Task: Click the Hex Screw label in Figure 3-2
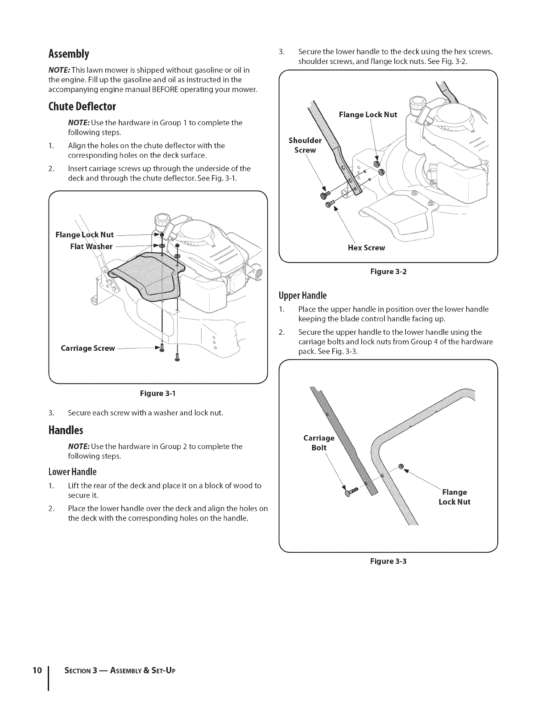366,248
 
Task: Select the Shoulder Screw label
305,145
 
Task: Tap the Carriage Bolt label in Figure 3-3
318,443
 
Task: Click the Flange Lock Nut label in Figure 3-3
455,497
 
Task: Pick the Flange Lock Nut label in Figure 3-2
368,115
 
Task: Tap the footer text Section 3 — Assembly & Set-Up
117,671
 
